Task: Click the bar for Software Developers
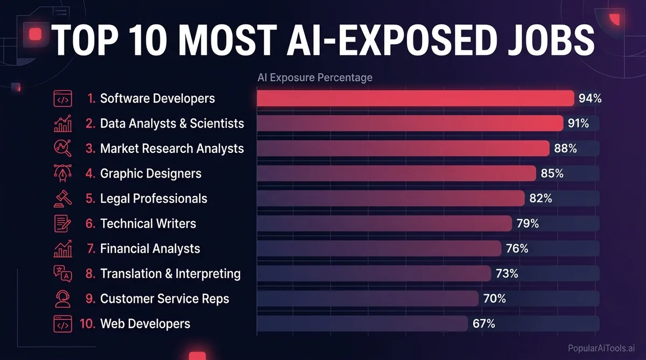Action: pos(415,98)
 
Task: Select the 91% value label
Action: pos(578,123)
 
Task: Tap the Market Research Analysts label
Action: pos(172,149)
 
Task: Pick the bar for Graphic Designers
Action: pos(396,173)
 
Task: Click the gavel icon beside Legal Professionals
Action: pos(62,199)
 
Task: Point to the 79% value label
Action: pos(528,223)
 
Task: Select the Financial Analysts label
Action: pos(150,249)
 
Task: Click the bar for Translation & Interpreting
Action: pos(374,273)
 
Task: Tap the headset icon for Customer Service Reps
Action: pos(62,299)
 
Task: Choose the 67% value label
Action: pos(483,323)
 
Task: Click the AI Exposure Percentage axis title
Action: pos(315,78)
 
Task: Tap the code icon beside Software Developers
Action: pos(62,98)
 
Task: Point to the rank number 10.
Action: pos(87,323)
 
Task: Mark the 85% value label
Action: pos(552,173)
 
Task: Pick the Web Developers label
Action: pos(145,323)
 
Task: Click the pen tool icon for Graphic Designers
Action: pos(62,173)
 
